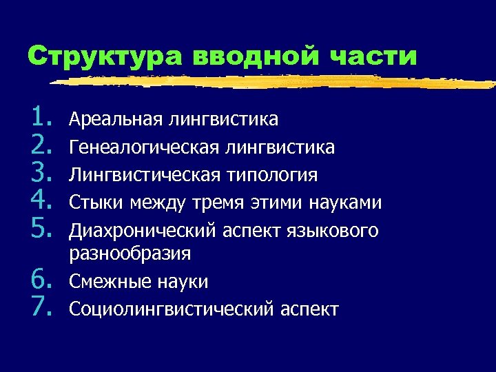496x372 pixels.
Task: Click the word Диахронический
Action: pos(136,230)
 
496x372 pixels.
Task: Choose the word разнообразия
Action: pos(130,254)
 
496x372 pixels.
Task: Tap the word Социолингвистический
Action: pos(171,309)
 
